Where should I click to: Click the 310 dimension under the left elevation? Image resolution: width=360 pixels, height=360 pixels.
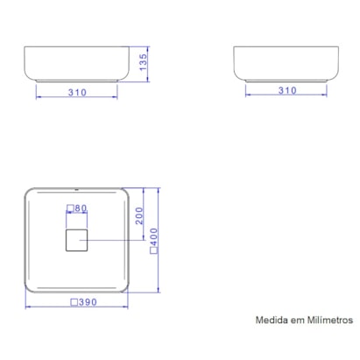pos(77,91)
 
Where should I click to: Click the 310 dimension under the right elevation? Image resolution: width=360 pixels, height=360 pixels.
pos(286,90)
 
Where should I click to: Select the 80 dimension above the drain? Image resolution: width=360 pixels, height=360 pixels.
pos(81,209)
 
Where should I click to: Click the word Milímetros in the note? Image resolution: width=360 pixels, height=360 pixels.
pos(328,321)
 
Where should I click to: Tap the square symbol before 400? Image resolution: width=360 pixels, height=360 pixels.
pos(155,251)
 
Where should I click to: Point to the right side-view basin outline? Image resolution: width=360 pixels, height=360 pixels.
pos(285,63)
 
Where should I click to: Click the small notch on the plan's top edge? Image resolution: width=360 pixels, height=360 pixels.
pos(77,187)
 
